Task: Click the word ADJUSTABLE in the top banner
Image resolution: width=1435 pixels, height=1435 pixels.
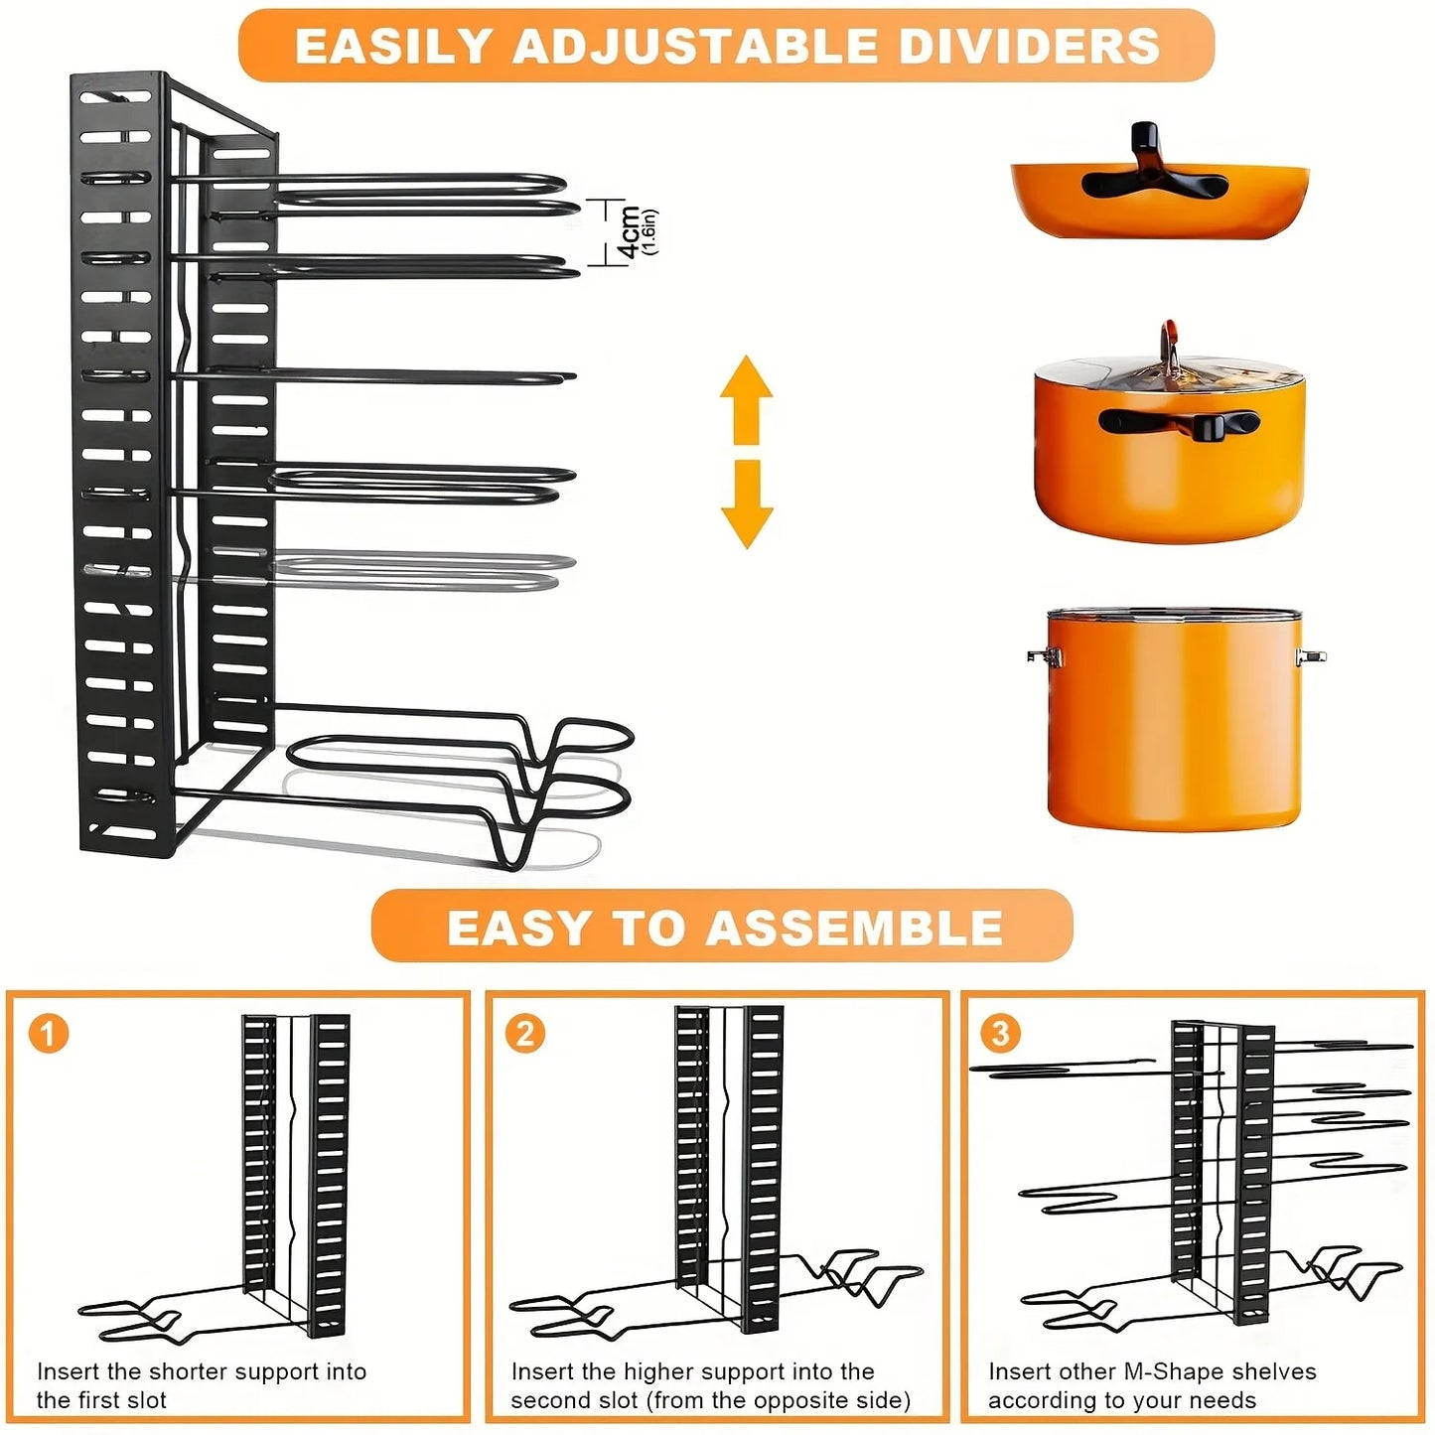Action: pos(694,47)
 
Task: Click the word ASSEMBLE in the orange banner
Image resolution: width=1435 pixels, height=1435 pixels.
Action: pos(854,929)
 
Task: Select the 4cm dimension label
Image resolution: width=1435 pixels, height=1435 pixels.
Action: pos(630,232)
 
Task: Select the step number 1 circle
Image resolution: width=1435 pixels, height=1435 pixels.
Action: pos(48,1033)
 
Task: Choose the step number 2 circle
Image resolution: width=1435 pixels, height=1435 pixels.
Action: pos(524,1033)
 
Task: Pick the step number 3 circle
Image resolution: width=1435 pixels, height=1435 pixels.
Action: pos(1000,1033)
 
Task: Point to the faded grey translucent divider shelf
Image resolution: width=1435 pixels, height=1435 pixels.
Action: pos(417,573)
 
